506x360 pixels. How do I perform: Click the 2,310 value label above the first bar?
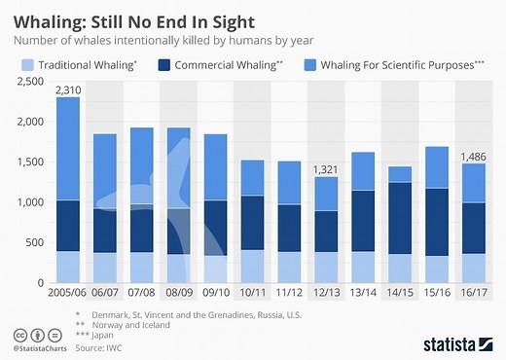pos(68,90)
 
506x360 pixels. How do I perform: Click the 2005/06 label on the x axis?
pos(68,293)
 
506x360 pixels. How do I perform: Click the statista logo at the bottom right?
pos(458,342)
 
